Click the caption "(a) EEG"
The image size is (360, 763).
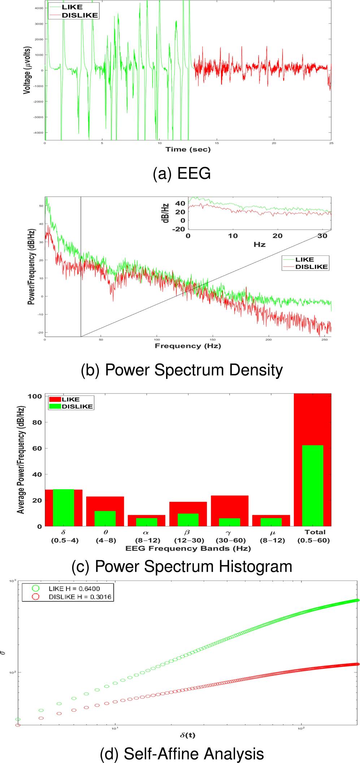[x=182, y=174]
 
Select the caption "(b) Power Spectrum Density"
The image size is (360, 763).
[x=182, y=370]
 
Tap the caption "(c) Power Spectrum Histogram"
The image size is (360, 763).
[x=182, y=566]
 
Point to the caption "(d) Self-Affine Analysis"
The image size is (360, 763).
[x=182, y=754]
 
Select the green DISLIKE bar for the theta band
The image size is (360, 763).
[x=105, y=518]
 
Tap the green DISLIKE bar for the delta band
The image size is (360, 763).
[x=64, y=508]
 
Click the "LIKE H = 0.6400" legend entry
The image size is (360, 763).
[x=74, y=589]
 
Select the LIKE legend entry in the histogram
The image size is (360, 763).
[x=70, y=399]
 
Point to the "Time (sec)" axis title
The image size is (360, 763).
[x=188, y=149]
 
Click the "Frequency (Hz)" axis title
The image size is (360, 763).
[x=188, y=346]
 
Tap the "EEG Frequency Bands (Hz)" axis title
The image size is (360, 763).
[x=188, y=548]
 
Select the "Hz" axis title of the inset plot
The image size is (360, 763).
[x=259, y=245]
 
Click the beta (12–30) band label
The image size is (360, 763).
[x=189, y=536]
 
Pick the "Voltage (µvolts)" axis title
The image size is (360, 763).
[x=27, y=70]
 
